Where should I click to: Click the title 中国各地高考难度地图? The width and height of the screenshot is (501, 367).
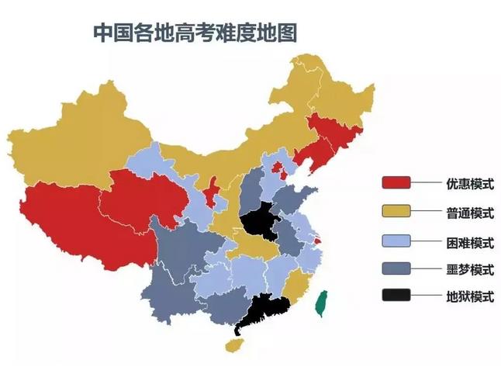195,33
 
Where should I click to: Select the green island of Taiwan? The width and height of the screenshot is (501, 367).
320,305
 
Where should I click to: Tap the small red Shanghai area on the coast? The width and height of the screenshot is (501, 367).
318,243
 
